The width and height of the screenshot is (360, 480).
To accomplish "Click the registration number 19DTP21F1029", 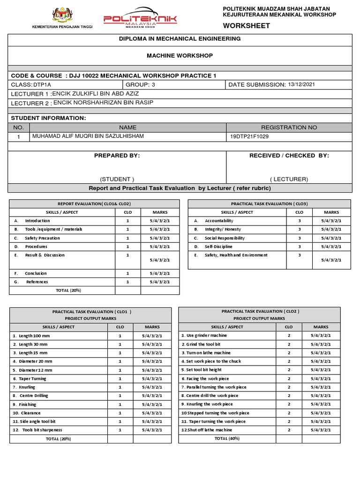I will (x=249, y=136).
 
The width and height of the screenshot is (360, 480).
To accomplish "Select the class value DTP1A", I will (x=43, y=85).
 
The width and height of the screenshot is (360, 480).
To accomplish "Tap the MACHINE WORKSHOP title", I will (x=180, y=56).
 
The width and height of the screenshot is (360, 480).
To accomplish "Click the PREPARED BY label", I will (x=117, y=156).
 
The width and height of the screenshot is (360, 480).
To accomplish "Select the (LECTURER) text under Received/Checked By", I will (x=289, y=179).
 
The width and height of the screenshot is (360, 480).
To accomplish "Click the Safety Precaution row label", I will (x=42, y=238).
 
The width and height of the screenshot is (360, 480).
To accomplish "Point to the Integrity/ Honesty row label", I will (x=223, y=229).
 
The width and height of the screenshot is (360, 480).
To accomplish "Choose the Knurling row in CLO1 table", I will (x=27, y=387).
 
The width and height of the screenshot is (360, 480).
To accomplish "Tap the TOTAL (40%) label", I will (x=227, y=438).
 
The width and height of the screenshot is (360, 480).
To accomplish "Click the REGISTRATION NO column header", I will (x=289, y=127).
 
